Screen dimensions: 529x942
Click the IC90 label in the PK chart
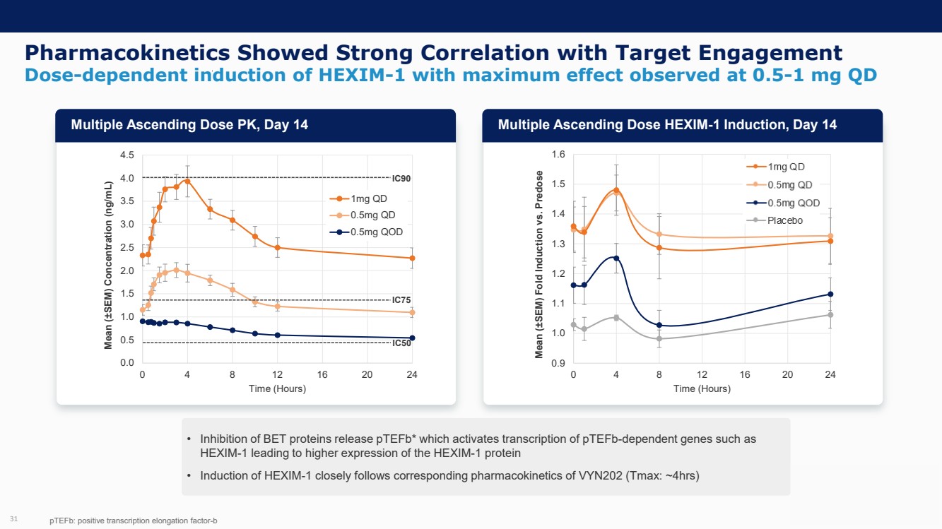point(401,178)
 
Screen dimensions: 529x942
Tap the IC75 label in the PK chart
point(401,300)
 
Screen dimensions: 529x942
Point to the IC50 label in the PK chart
point(401,343)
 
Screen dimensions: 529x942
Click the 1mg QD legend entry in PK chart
point(363,198)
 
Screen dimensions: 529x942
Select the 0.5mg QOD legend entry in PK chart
point(367,232)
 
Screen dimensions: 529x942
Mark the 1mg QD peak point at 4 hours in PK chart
point(187,181)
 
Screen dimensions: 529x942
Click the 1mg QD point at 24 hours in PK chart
point(412,258)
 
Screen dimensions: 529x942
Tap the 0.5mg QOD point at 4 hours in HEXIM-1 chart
point(616,258)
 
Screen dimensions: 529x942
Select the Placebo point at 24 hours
point(830,315)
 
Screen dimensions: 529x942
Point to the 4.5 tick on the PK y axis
point(127,155)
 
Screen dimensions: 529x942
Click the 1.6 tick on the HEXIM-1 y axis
point(558,155)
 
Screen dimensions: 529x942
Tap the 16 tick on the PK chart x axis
point(322,374)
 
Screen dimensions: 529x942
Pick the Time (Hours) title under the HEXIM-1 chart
point(702,388)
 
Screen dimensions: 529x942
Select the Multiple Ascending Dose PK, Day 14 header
point(189,125)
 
